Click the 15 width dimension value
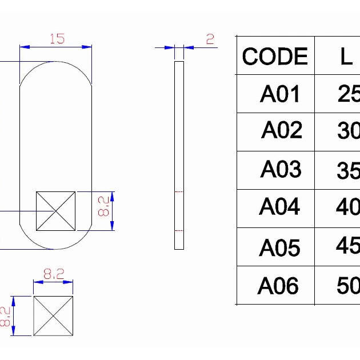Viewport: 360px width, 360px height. point(57,39)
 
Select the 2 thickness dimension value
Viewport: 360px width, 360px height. point(210,39)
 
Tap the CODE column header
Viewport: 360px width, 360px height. point(275,56)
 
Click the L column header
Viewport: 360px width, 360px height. point(346,57)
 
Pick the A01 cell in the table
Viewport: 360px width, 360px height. point(280,94)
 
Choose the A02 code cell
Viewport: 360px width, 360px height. point(282,130)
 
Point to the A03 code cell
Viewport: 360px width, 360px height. point(281,169)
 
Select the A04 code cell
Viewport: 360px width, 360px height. point(279,206)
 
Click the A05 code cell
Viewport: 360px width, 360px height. point(279,247)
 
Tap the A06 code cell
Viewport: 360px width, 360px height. point(278,285)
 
